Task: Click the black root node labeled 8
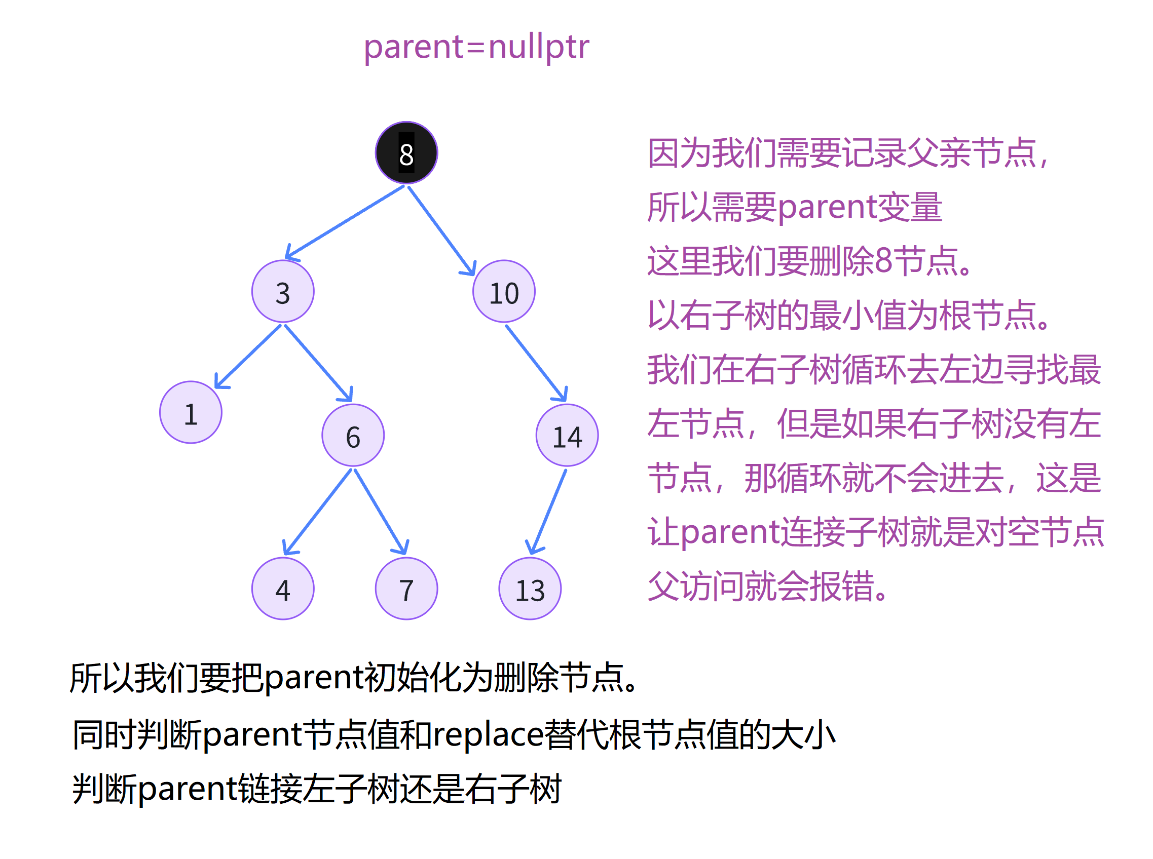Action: [x=406, y=153]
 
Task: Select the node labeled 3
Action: [x=282, y=291]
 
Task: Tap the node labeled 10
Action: [x=504, y=291]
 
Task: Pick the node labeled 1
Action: [x=191, y=412]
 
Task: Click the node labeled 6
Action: [x=353, y=435]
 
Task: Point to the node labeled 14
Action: [x=567, y=435]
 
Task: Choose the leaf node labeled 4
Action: [x=282, y=589]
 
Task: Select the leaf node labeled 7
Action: [x=406, y=589]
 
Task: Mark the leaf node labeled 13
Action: [x=530, y=589]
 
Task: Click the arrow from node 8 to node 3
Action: [x=345, y=222]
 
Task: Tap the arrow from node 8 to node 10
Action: [x=441, y=230]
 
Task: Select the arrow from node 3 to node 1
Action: [x=248, y=357]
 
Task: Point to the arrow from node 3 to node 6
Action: [x=318, y=363]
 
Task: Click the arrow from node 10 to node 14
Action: [x=536, y=363]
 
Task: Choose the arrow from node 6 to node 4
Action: [x=317, y=512]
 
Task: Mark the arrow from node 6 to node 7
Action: [x=380, y=512]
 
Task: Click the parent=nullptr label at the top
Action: [x=476, y=47]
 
